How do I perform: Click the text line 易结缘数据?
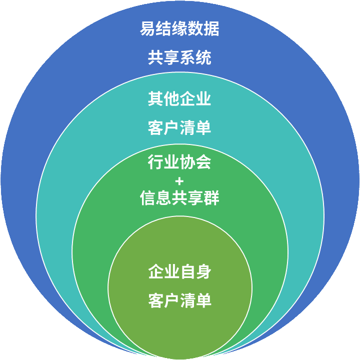coord(179,29)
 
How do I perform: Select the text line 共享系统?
coord(179,58)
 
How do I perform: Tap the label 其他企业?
coord(179,98)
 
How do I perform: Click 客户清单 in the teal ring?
coord(179,127)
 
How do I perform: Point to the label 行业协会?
coord(179,162)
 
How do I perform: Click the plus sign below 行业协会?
coord(179,180)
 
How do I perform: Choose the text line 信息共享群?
coord(179,198)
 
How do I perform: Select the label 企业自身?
coord(179,272)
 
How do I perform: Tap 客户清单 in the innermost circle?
coord(179,301)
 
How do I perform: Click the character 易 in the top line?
coord(147,29)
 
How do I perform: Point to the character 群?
coord(211,198)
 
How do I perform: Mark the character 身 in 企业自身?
coord(203,272)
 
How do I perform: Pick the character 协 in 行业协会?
coord(187,162)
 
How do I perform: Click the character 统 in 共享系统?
coord(203,58)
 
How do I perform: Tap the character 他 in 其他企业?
coord(171,98)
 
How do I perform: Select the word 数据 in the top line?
coord(203,29)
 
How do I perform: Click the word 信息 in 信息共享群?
coord(155,198)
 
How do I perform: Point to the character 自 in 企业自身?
coord(187,272)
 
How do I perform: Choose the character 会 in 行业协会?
coord(203,162)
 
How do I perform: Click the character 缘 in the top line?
coord(179,29)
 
